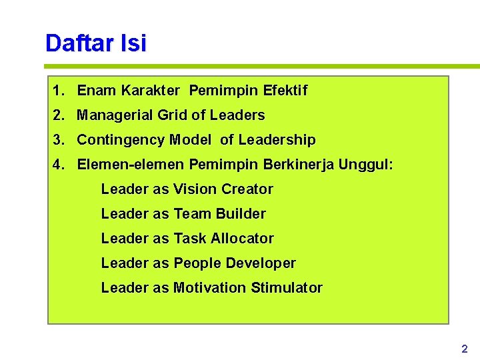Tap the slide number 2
pyautogui.click(x=465, y=349)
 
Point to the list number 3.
pyautogui.click(x=59, y=140)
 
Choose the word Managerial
pyautogui.click(x=115, y=115)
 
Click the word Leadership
pyautogui.click(x=277, y=140)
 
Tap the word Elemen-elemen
pyautogui.click(x=131, y=165)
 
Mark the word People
pyautogui.click(x=197, y=263)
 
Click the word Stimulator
pyautogui.click(x=287, y=288)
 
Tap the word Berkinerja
pyautogui.click(x=299, y=165)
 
